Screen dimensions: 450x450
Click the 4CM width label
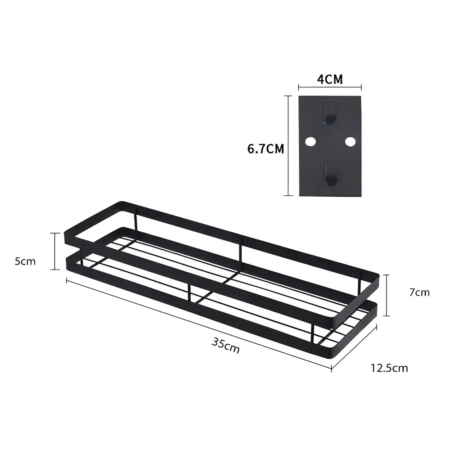coord(330,80)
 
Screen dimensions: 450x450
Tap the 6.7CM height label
coord(265,148)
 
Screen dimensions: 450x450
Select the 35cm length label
coord(225,345)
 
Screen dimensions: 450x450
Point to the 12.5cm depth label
coord(389,368)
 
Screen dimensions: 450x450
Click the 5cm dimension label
coord(25,261)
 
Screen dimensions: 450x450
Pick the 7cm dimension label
coord(419,292)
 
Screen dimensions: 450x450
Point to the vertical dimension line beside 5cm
coord(55,251)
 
